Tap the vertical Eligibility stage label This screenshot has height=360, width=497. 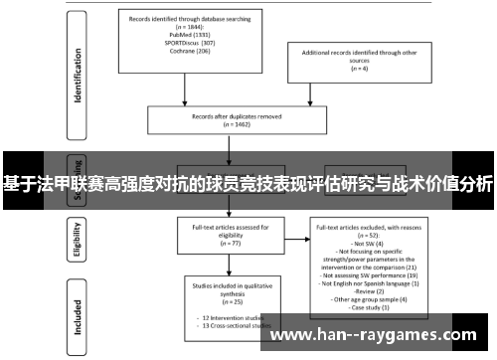tap(77, 239)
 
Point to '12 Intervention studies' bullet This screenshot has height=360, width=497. tap(223, 316)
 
